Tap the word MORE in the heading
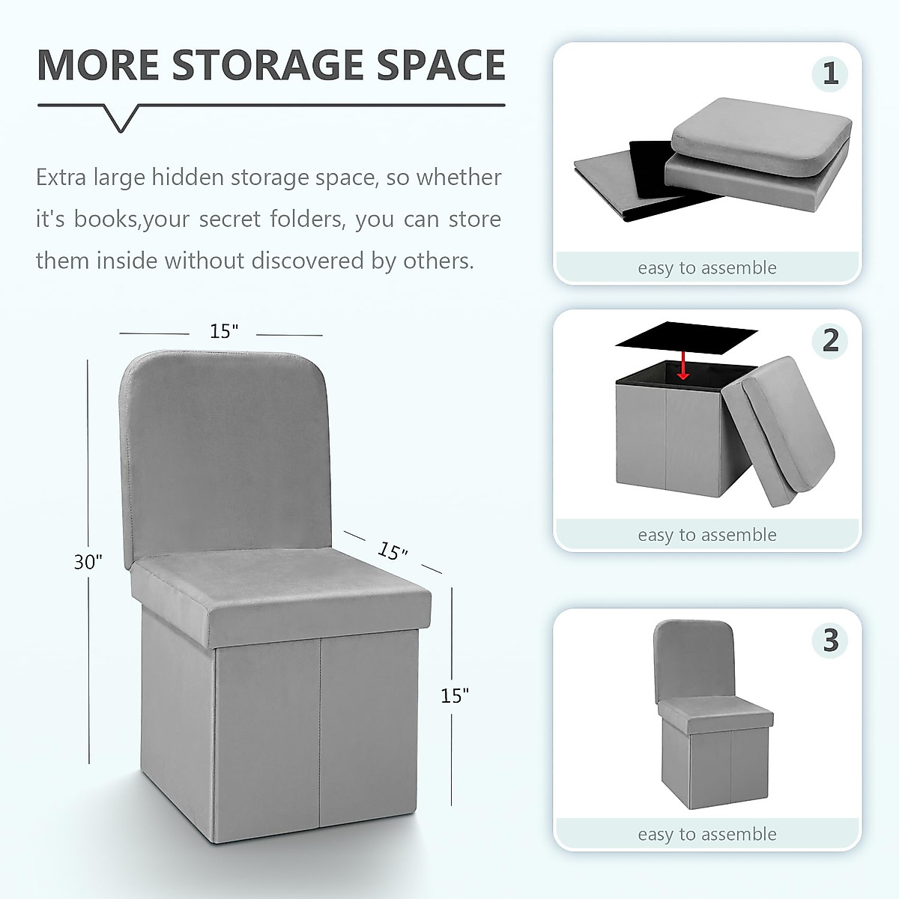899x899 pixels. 98,65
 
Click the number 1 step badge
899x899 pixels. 830,73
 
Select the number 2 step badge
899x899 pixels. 830,340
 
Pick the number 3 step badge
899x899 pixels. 830,641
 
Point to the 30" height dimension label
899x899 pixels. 88,561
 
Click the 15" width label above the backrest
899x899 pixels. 223,331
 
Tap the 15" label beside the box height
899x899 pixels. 455,696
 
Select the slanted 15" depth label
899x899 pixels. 393,551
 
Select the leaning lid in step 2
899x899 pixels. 787,435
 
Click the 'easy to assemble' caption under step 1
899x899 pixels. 707,268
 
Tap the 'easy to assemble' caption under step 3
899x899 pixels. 707,835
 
